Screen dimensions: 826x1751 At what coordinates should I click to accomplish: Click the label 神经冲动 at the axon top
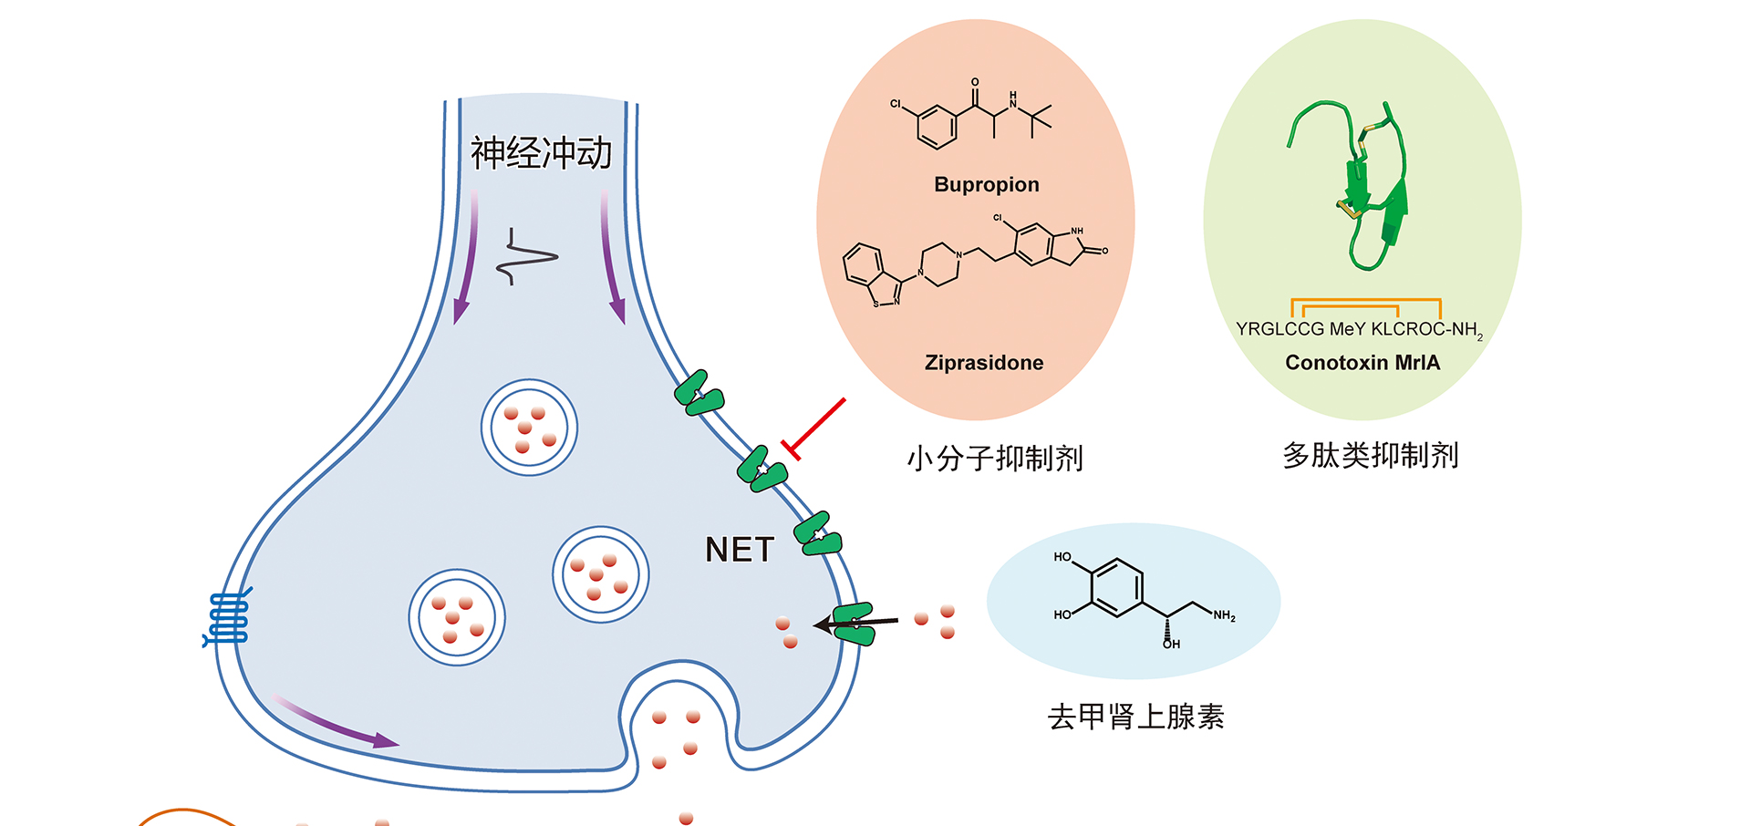click(541, 153)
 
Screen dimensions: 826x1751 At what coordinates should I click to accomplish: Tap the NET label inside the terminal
click(740, 550)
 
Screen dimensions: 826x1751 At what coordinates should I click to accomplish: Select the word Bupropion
click(987, 185)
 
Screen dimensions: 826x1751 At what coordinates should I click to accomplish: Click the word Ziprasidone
click(984, 363)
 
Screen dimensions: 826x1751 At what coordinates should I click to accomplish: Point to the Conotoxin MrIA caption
click(1362, 363)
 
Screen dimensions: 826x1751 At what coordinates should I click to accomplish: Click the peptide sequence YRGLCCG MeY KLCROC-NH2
click(1359, 329)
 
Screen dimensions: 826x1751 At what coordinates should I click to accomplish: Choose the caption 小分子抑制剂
click(994, 458)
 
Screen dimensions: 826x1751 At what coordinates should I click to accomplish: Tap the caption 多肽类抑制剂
click(1370, 455)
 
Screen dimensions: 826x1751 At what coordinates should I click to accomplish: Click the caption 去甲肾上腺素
click(1135, 717)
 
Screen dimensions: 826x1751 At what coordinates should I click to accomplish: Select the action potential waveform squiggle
click(526, 257)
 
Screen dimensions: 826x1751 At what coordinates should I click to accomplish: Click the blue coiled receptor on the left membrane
click(228, 618)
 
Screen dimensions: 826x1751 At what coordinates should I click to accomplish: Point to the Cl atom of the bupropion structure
click(896, 104)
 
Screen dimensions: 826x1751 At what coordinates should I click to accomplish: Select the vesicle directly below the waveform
click(529, 427)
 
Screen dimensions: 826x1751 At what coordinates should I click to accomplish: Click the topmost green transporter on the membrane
click(699, 394)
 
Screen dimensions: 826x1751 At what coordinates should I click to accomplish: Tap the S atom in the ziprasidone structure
click(876, 303)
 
